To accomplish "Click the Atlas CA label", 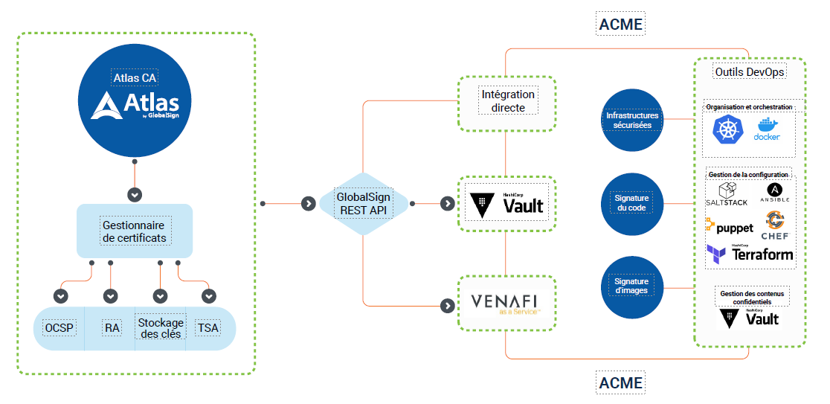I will [x=135, y=77].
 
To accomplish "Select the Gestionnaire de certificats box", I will [x=135, y=231].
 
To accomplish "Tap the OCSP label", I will [x=59, y=327].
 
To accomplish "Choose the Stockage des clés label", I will [x=161, y=327].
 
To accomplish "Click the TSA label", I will [x=207, y=327].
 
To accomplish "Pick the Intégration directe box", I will [x=508, y=102].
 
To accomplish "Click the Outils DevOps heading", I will [x=750, y=72].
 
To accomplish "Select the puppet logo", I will [x=729, y=227].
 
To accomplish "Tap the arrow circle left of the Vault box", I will [x=446, y=203].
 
